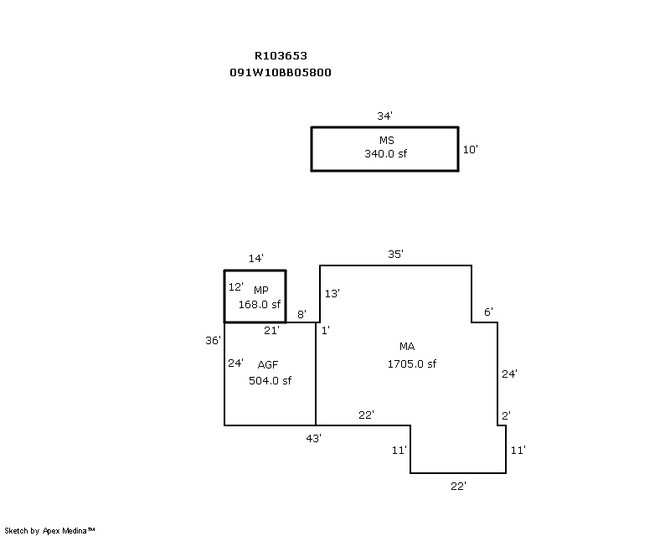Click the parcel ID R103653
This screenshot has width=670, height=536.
[281, 56]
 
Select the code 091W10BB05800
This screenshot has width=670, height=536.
[281, 73]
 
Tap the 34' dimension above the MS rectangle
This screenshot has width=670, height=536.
[385, 116]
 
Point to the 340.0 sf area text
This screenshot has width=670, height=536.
[385, 154]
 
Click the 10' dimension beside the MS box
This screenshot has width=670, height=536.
[471, 149]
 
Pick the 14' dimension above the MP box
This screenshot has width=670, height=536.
[255, 260]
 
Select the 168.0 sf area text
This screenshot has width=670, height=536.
[260, 305]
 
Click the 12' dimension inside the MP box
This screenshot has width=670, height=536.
[235, 286]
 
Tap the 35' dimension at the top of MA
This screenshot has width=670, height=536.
[396, 255]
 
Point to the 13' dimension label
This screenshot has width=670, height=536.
[332, 293]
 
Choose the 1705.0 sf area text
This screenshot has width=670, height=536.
[411, 363]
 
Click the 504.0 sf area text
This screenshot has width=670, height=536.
[270, 380]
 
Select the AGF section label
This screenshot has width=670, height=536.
[268, 364]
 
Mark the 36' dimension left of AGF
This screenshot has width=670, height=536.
[214, 340]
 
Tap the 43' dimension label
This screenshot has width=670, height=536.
[314, 438]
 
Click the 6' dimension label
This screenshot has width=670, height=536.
[488, 312]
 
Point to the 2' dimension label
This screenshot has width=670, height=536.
[506, 415]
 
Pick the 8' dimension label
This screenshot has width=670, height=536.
[302, 315]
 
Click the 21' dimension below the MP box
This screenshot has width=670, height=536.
[271, 331]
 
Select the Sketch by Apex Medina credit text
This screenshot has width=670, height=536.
[50, 530]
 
